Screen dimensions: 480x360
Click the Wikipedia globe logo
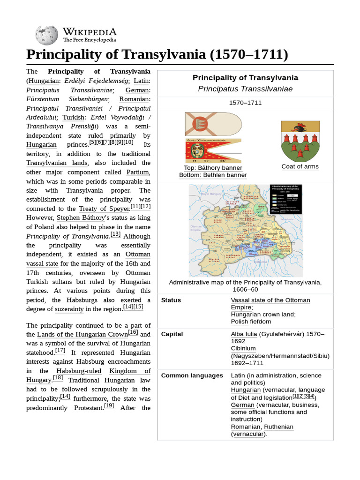[x=46, y=35]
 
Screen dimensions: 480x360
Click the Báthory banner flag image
[x=213, y=124]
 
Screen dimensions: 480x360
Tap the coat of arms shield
[x=300, y=141]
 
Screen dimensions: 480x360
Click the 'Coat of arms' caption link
[x=300, y=167]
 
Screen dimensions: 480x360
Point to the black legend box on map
[x=285, y=199]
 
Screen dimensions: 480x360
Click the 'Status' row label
[x=171, y=300]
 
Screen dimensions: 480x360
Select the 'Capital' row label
[x=172, y=334]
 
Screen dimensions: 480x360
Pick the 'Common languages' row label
[x=192, y=375]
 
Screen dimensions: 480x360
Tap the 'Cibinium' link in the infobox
[x=243, y=348]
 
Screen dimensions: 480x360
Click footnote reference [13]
[x=115, y=234]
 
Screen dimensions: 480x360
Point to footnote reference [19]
[x=109, y=406]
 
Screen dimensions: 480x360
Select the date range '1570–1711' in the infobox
[x=245, y=103]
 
